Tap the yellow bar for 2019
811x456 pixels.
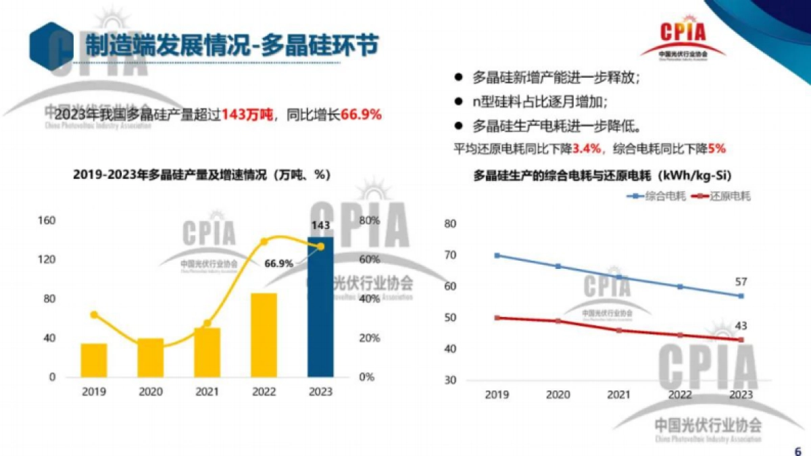coord(94,360)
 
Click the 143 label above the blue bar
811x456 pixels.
coord(320,225)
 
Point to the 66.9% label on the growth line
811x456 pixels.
coord(279,263)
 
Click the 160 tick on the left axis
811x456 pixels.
coord(47,221)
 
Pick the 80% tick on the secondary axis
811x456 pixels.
coord(369,221)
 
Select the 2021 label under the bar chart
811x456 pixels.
coord(207,392)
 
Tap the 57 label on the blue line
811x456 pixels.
coord(741,282)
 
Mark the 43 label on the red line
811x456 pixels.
coord(741,326)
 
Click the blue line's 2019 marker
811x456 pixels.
coord(497,255)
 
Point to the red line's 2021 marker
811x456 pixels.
coord(618,330)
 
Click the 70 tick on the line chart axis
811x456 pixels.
coord(451,255)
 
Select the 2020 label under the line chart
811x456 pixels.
coord(558,395)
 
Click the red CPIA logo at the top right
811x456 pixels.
coord(683,37)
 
